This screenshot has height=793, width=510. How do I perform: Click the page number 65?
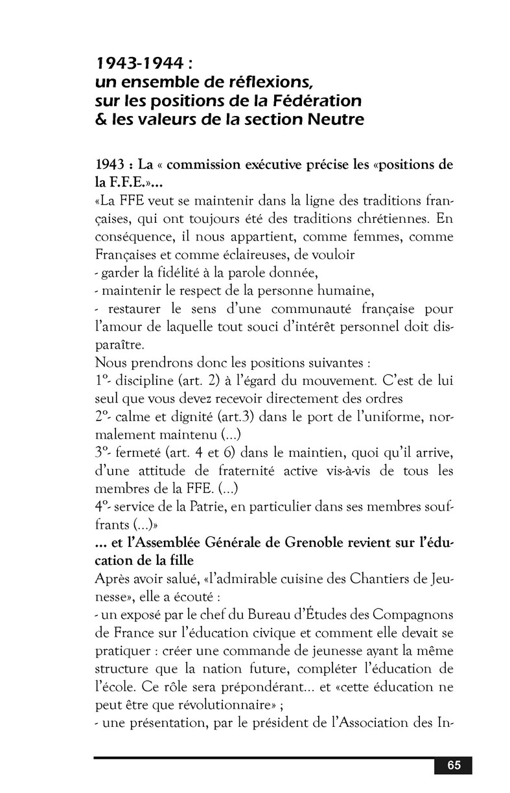coord(453,765)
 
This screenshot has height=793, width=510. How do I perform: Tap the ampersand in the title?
coord(100,120)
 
